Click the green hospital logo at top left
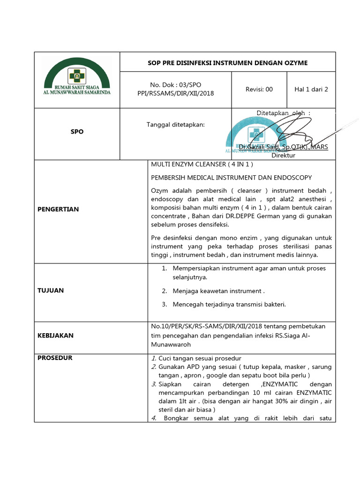click(77, 77)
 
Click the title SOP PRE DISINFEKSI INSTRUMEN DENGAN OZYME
click(228, 62)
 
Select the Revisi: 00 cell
click(259, 89)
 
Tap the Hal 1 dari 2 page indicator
click(311, 89)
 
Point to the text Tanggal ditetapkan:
click(176, 124)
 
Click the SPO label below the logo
click(77, 132)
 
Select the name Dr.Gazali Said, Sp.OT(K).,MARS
click(283, 147)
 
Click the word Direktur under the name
click(283, 155)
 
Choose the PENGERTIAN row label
click(58, 209)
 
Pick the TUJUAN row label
click(51, 291)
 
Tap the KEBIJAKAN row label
click(55, 336)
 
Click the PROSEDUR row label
click(55, 358)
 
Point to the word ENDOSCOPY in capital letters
click(295, 178)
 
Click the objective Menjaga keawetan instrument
click(218, 291)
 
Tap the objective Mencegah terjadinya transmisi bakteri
click(229, 304)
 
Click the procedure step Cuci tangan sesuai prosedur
click(200, 359)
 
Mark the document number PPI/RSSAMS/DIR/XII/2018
click(175, 93)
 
